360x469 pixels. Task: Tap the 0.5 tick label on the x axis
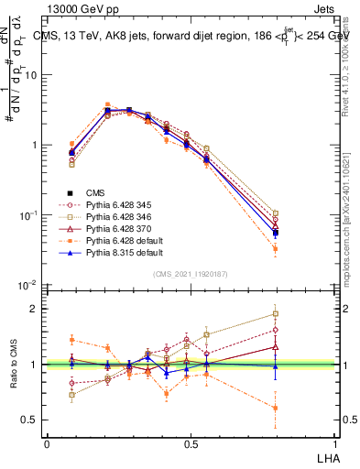point(191,443)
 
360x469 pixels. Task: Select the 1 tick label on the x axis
point(334,443)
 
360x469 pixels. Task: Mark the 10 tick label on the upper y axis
point(30,75)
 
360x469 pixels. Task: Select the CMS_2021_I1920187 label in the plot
point(191,274)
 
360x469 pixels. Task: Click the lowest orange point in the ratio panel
point(276,409)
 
